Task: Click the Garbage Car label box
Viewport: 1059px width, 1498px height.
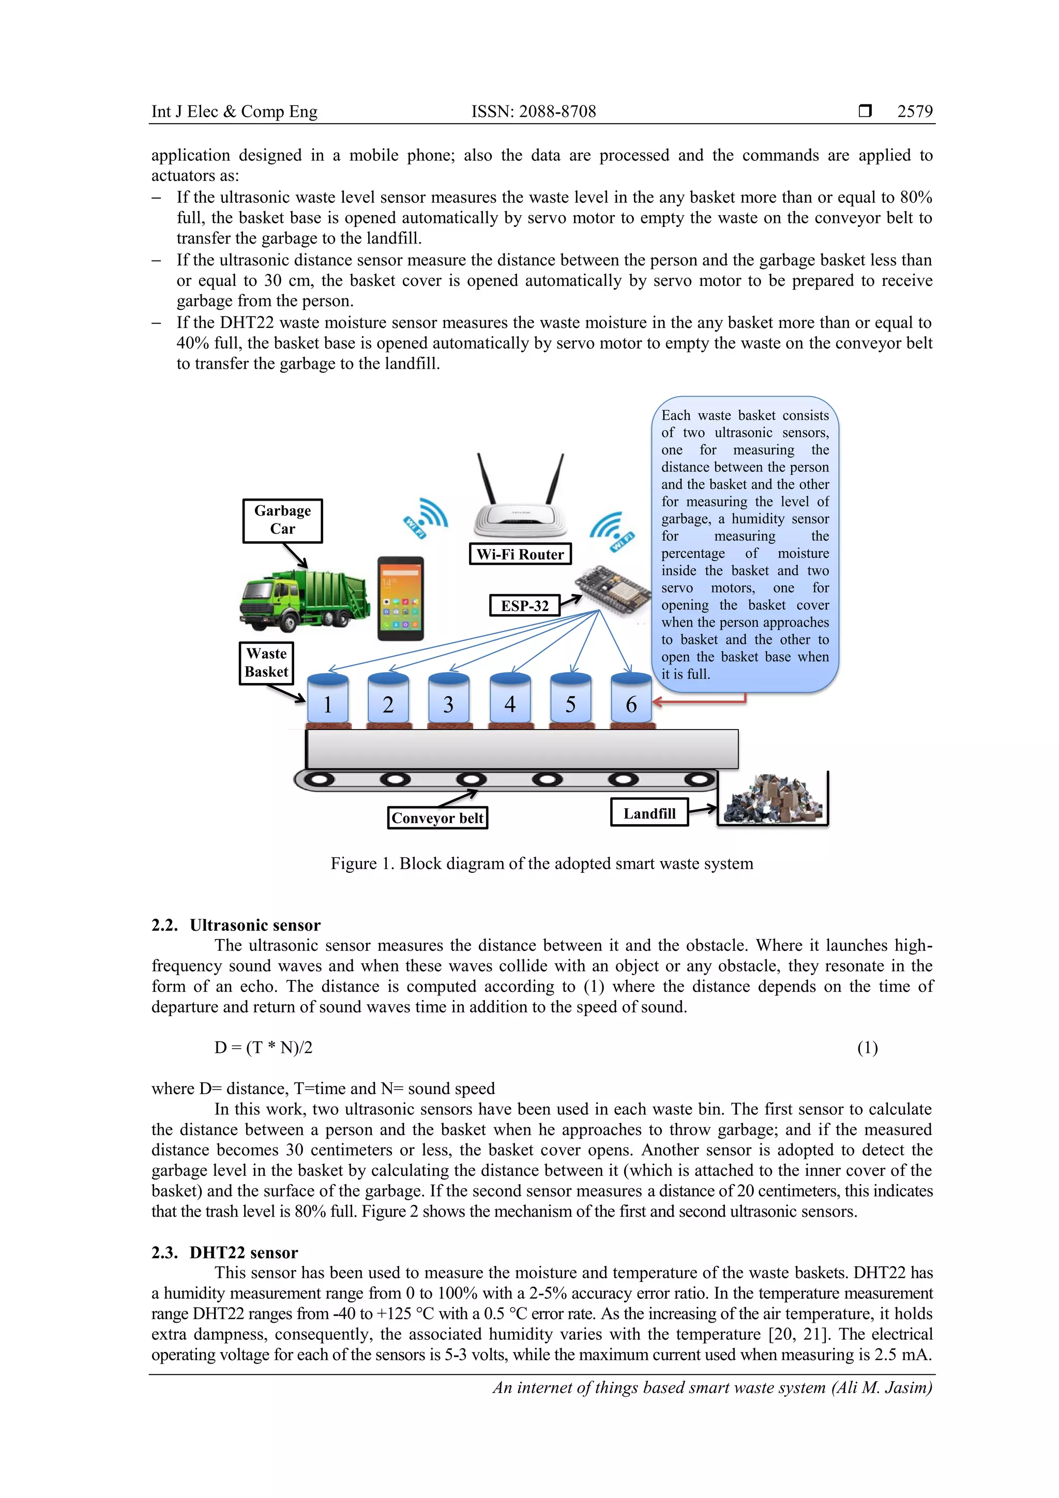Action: [282, 520]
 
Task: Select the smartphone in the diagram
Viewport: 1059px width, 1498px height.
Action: [401, 598]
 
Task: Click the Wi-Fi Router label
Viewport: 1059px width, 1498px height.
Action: [520, 554]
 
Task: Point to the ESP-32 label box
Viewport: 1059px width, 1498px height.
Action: [525, 606]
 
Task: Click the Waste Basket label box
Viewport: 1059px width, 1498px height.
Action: [266, 663]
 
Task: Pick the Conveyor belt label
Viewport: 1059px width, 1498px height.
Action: [437, 818]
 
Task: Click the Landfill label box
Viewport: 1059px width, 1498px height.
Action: [649, 813]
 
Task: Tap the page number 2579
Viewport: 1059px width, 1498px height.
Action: [915, 112]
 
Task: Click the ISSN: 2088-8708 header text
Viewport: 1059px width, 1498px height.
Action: [534, 112]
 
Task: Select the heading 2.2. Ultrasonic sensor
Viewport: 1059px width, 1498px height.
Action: [236, 925]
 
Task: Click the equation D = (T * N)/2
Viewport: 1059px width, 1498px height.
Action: [264, 1048]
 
